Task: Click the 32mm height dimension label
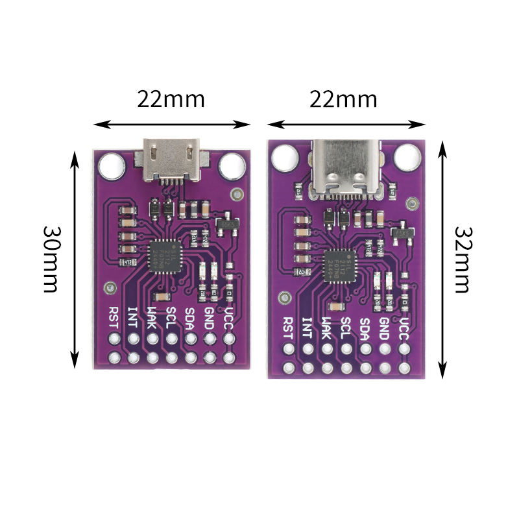tap(462, 259)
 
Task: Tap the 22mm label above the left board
tap(171, 99)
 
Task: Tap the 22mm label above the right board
tap(343, 99)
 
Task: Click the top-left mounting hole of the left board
tap(111, 165)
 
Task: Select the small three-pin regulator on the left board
tap(227, 224)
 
